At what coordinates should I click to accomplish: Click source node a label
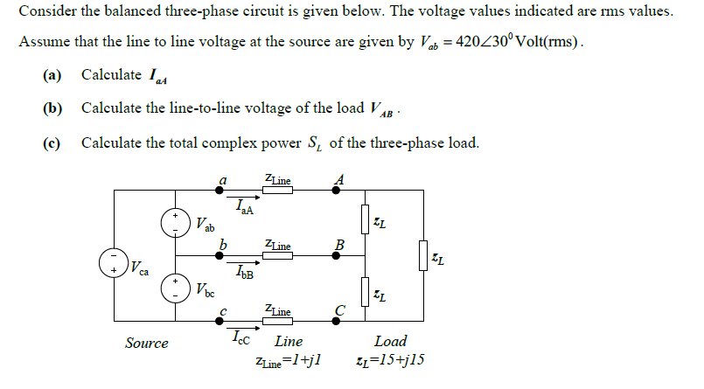223,178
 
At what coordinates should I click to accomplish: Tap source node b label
223,243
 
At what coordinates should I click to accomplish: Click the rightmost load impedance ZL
424,259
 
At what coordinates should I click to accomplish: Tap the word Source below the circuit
147,344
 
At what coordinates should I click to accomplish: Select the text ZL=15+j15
390,361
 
